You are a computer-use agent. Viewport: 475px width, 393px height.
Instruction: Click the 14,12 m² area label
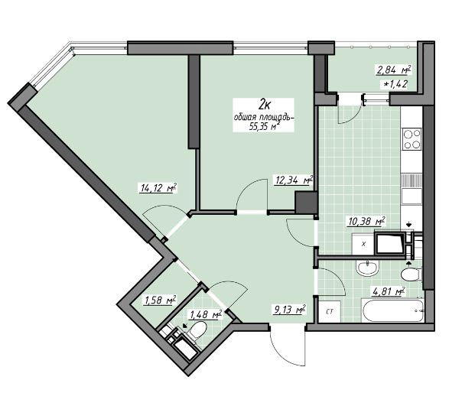[158, 188]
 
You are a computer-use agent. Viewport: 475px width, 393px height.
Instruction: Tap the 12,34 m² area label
[294, 180]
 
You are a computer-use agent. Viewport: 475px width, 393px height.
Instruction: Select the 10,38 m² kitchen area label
[366, 221]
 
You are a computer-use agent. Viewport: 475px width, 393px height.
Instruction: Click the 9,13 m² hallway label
[289, 310]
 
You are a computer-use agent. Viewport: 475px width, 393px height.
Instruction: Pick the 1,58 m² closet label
[161, 300]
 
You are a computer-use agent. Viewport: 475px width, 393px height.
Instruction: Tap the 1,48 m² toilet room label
[206, 314]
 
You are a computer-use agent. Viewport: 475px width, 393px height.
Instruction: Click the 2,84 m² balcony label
[393, 70]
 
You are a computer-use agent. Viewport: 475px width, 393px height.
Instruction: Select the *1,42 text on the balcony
[395, 84]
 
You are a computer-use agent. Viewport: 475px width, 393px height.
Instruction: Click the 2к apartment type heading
[264, 105]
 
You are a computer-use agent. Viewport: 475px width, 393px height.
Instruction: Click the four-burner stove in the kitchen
[412, 138]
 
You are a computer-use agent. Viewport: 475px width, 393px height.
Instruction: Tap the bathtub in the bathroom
[393, 310]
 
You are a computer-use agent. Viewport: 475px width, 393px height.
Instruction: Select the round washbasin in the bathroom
[367, 268]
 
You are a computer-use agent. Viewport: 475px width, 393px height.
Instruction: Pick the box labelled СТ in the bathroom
[330, 311]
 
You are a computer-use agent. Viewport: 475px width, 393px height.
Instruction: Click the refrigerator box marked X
[363, 244]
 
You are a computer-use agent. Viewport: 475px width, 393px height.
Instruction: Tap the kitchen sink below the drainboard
[412, 196]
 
